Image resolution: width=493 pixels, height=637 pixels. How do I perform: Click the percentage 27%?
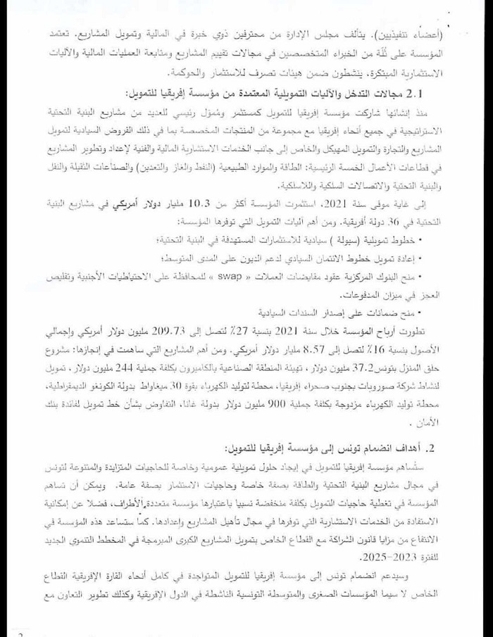coord(234,329)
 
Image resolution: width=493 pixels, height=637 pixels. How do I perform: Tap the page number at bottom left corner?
coord(21,633)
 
